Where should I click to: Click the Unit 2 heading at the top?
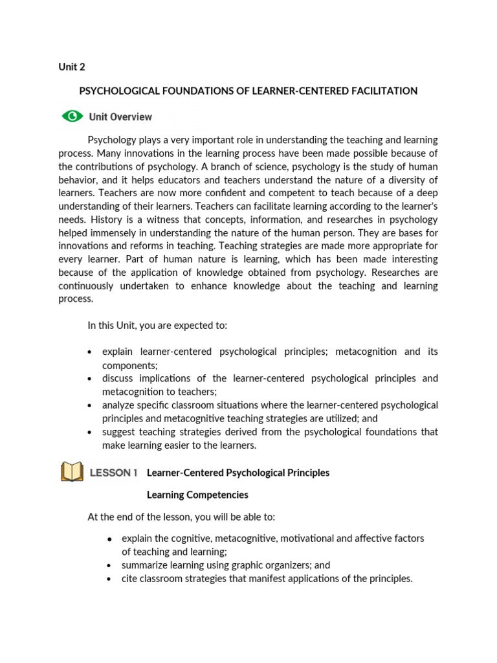tap(72, 67)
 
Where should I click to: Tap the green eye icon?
tap(72, 117)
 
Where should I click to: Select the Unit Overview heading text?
tap(120, 117)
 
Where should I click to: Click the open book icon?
tap(72, 472)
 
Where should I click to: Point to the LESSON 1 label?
tap(113, 473)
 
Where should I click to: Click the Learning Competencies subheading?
tap(197, 495)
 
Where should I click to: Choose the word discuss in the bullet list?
tap(119, 379)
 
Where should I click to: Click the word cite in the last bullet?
tap(129, 579)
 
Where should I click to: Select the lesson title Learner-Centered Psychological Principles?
tap(238, 473)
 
